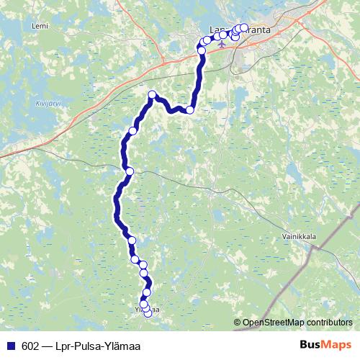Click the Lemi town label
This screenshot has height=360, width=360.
click(x=40, y=26)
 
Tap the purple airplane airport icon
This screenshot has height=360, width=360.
click(x=222, y=43)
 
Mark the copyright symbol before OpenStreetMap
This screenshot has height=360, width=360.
click(x=238, y=323)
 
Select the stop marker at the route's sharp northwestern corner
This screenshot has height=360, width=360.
click(x=153, y=95)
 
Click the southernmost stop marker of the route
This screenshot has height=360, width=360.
click(x=148, y=313)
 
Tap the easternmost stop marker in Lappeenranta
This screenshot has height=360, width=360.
click(x=244, y=28)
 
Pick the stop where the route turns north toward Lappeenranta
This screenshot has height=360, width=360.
click(x=190, y=110)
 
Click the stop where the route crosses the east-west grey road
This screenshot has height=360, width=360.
click(x=130, y=171)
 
